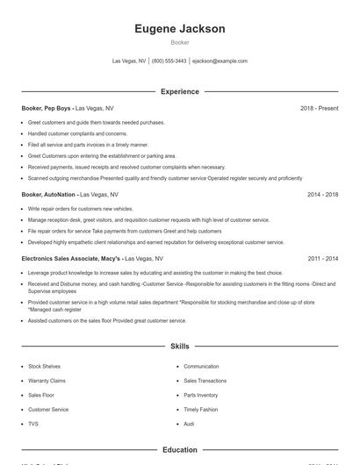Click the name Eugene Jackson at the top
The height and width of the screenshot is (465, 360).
[x=179, y=29]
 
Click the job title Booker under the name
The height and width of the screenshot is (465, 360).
[x=179, y=42]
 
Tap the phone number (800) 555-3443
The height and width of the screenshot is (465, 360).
[x=169, y=61]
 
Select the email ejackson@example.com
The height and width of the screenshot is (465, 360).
[x=220, y=61]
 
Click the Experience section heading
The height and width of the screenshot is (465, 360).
[x=179, y=91]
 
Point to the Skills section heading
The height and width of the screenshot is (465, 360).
[x=179, y=347]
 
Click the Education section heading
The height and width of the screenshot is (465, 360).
[x=179, y=450]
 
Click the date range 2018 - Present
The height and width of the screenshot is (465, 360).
[x=319, y=108]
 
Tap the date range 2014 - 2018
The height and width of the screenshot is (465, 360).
[x=322, y=194]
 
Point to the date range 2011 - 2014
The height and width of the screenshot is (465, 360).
[x=322, y=259]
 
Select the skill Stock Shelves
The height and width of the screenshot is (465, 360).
[x=45, y=366]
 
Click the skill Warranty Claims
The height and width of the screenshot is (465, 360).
[x=47, y=381]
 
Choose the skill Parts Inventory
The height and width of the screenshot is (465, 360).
[x=201, y=395]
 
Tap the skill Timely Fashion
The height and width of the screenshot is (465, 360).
[x=200, y=409]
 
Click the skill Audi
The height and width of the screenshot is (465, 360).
[x=189, y=424]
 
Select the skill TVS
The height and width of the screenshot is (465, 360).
[x=33, y=424]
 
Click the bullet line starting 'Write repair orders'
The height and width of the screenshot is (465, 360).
[x=81, y=209]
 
